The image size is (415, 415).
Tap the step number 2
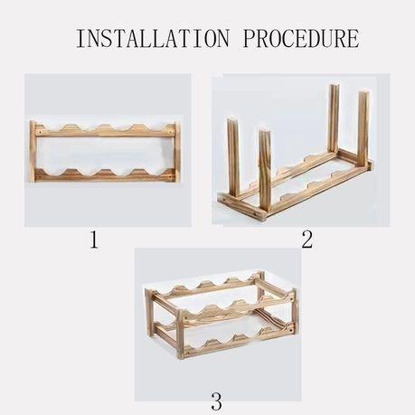coord(307,240)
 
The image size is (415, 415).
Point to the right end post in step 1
coord(177,152)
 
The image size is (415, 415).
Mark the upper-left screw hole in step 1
coord(40,132)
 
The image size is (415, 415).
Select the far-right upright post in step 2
coord(363,127)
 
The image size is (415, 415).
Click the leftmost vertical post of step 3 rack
coord(148,316)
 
